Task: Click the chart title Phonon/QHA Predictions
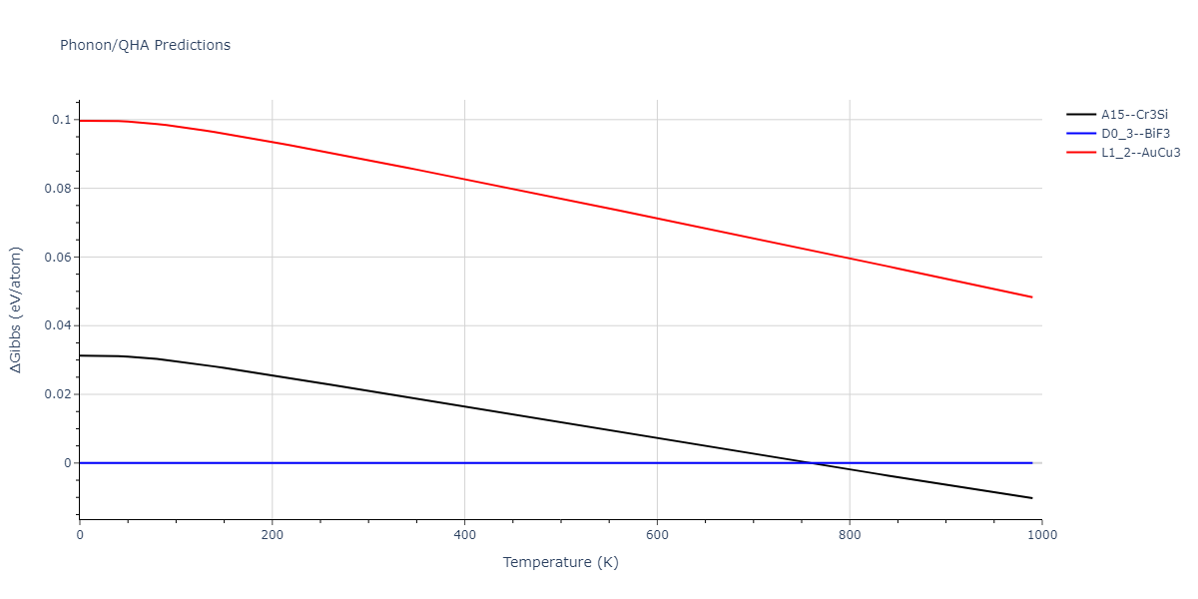click(x=145, y=45)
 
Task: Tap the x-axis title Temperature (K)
click(x=560, y=562)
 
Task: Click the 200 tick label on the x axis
click(x=272, y=534)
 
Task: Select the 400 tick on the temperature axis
click(x=464, y=534)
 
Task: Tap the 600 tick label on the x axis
click(x=657, y=534)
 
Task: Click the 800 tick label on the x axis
click(x=850, y=534)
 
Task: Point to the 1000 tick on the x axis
click(x=1041, y=534)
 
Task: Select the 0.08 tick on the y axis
click(x=58, y=189)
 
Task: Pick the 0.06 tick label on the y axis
click(x=58, y=258)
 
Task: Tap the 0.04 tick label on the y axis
click(x=58, y=325)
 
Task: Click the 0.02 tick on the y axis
click(x=58, y=394)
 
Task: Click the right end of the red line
click(x=1032, y=297)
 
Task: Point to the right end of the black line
click(x=1032, y=498)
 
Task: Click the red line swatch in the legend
click(x=1081, y=153)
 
